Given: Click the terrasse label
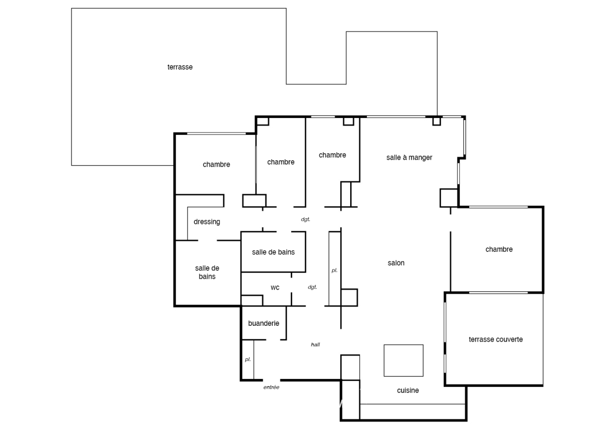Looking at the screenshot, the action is (180, 67).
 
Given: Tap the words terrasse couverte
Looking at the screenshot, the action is (496, 340).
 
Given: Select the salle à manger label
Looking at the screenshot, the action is (410, 158).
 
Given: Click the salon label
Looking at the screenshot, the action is (396, 263).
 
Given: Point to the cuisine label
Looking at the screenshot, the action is (408, 390).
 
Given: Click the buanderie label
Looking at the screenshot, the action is (264, 323).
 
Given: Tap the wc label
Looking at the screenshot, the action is (275, 288).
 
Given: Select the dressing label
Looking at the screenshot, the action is (207, 222).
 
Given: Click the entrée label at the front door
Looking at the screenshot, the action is (271, 388).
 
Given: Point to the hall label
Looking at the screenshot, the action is (315, 344).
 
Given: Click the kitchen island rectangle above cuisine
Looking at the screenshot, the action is (404, 360).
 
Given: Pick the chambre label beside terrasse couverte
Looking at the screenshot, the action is (499, 250).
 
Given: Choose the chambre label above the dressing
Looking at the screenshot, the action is (216, 165).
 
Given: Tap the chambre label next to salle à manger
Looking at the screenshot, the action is (333, 155).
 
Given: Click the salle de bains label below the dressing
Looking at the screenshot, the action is (207, 273).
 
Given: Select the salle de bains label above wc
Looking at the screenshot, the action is (273, 252).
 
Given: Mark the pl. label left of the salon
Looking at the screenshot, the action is (334, 270).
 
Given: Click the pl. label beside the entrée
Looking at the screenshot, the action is (248, 359).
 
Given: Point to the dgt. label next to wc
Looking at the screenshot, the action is (312, 287).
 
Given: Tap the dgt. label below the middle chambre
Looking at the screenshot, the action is (306, 219).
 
